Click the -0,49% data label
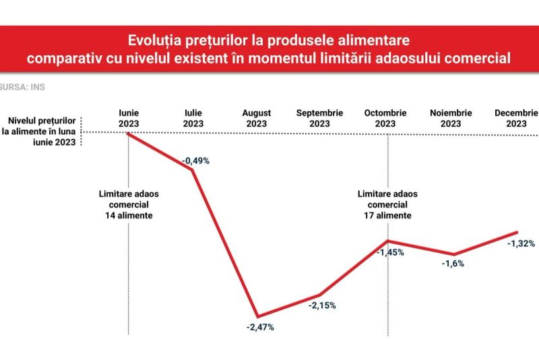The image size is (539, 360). (195, 160)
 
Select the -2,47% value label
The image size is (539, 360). (260, 328)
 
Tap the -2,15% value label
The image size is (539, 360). (322, 305)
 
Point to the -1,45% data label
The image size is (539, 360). (390, 252)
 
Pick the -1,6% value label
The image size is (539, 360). (453, 264)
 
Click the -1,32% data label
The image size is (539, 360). (521, 243)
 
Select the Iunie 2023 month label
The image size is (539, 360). (129, 118)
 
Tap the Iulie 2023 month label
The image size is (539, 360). (193, 118)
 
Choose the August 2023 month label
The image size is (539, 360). (257, 118)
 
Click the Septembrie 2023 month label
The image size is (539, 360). (319, 118)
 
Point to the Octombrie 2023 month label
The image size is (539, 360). (385, 118)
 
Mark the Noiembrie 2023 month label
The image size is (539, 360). (451, 118)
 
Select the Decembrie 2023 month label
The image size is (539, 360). (516, 118)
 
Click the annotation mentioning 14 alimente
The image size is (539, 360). (129, 204)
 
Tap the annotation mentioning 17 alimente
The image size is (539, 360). (388, 204)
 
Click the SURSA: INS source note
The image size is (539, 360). (22, 87)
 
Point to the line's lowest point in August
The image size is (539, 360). (258, 316)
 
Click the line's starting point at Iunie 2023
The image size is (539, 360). (129, 133)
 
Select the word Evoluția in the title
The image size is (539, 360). (154, 40)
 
